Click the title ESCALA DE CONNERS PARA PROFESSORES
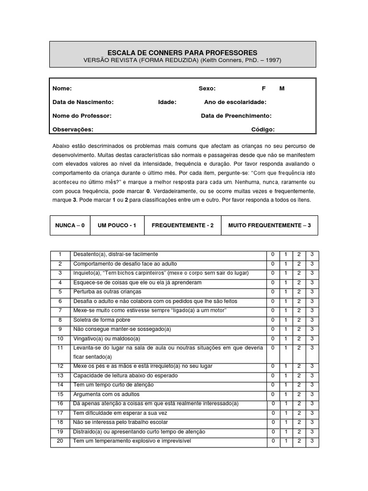182,52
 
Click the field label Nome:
62,89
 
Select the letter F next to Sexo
263,89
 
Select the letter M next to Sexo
282,89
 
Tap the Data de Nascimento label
83,102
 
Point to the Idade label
167,102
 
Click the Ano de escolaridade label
235,102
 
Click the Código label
263,129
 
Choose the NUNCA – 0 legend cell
70,225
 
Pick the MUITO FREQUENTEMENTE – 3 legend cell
269,225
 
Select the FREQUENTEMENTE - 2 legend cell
183,225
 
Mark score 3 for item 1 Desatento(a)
312,254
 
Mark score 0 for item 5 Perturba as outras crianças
273,292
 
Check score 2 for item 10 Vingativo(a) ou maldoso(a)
299,339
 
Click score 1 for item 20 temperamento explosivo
286,441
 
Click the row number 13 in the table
60,375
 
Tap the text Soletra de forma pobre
102,320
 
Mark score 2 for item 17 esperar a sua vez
299,413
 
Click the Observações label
73,129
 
